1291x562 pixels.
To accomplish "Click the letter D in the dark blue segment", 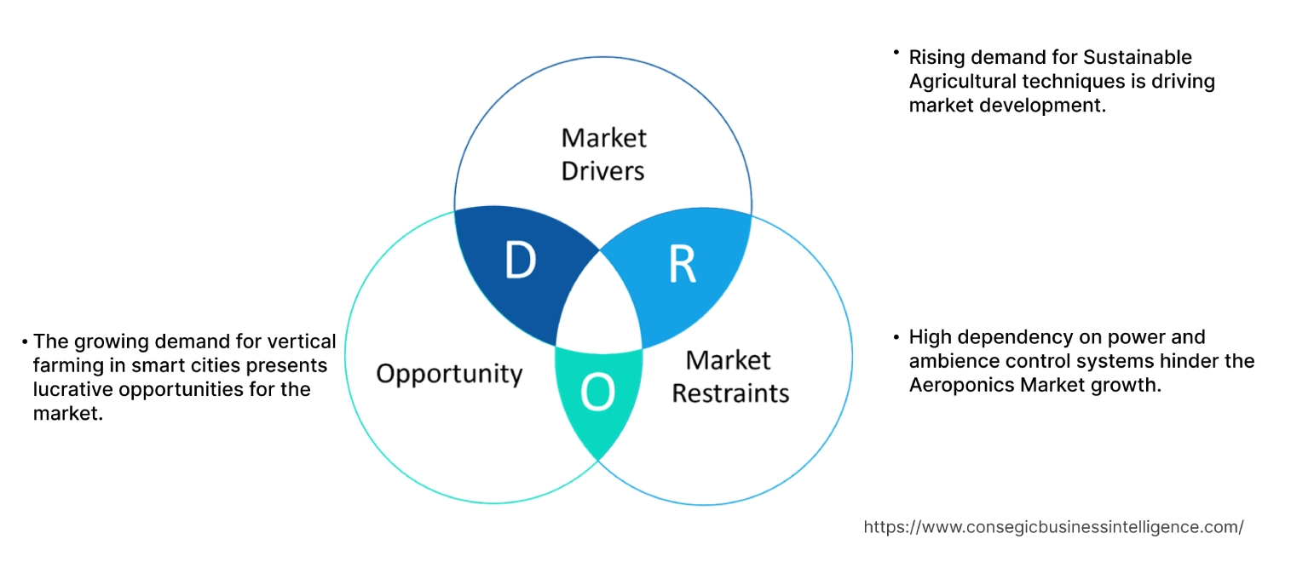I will coord(520,261).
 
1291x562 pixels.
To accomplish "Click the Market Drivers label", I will coord(603,154).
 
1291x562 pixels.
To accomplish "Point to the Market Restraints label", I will coord(730,376).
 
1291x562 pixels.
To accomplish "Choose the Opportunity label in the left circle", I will coord(449,373).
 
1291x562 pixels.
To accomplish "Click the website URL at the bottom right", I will coord(1053,527).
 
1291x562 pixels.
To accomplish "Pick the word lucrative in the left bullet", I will coord(72,389).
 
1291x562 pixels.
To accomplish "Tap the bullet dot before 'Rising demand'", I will coord(896,53).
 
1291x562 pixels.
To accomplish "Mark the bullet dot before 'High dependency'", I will coord(896,338).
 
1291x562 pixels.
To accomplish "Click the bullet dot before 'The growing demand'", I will coord(25,342).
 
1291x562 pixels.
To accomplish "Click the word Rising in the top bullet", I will coord(936,57).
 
